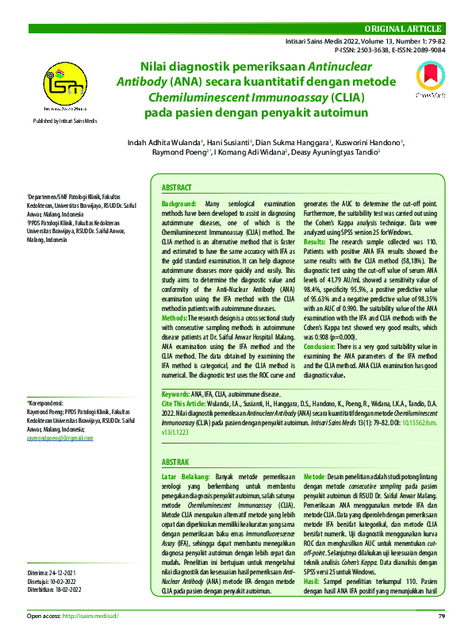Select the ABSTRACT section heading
click(177, 188)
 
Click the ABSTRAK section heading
click(175, 462)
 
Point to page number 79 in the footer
click(442, 617)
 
